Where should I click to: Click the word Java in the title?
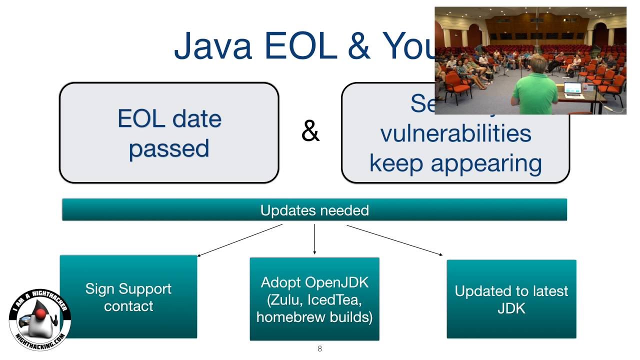tap(212, 46)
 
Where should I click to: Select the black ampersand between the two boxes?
tap(310, 132)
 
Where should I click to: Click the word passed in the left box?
tap(169, 149)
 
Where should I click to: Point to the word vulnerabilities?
tap(455, 134)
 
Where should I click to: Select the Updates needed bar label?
tap(314, 210)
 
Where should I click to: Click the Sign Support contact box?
tap(128, 297)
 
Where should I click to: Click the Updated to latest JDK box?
tap(511, 299)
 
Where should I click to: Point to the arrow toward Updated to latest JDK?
tap(394, 240)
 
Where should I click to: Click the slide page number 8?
tap(319, 349)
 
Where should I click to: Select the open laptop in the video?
tap(573, 89)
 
